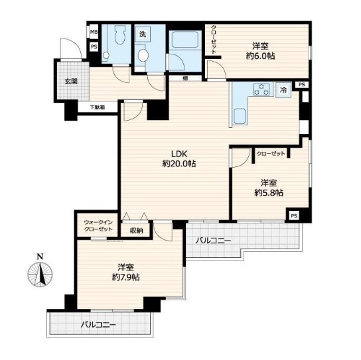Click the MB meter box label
pyautogui.click(x=94, y=32)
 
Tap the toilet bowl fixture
pyautogui.click(x=120, y=34)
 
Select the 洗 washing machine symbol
pyautogui.click(x=143, y=34)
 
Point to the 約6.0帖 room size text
pyautogui.click(x=260, y=56)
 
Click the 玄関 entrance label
pyautogui.click(x=71, y=82)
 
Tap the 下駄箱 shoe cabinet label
pyautogui.click(x=98, y=107)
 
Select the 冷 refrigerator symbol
pyautogui.click(x=283, y=90)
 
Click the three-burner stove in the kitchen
pyautogui.click(x=261, y=90)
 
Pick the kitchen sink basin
pyautogui.click(x=240, y=117)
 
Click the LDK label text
pyautogui.click(x=180, y=153)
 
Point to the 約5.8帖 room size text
pyautogui.click(x=269, y=193)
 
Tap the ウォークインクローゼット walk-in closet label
pyautogui.click(x=98, y=226)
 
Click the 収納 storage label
pyautogui.click(x=136, y=231)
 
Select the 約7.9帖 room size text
pyautogui.click(x=125, y=277)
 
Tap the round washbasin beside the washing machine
pyautogui.click(x=143, y=56)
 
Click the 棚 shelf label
pyautogui.click(x=185, y=78)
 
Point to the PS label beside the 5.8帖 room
pyautogui.click(x=294, y=216)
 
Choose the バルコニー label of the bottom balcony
pyautogui.click(x=98, y=325)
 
